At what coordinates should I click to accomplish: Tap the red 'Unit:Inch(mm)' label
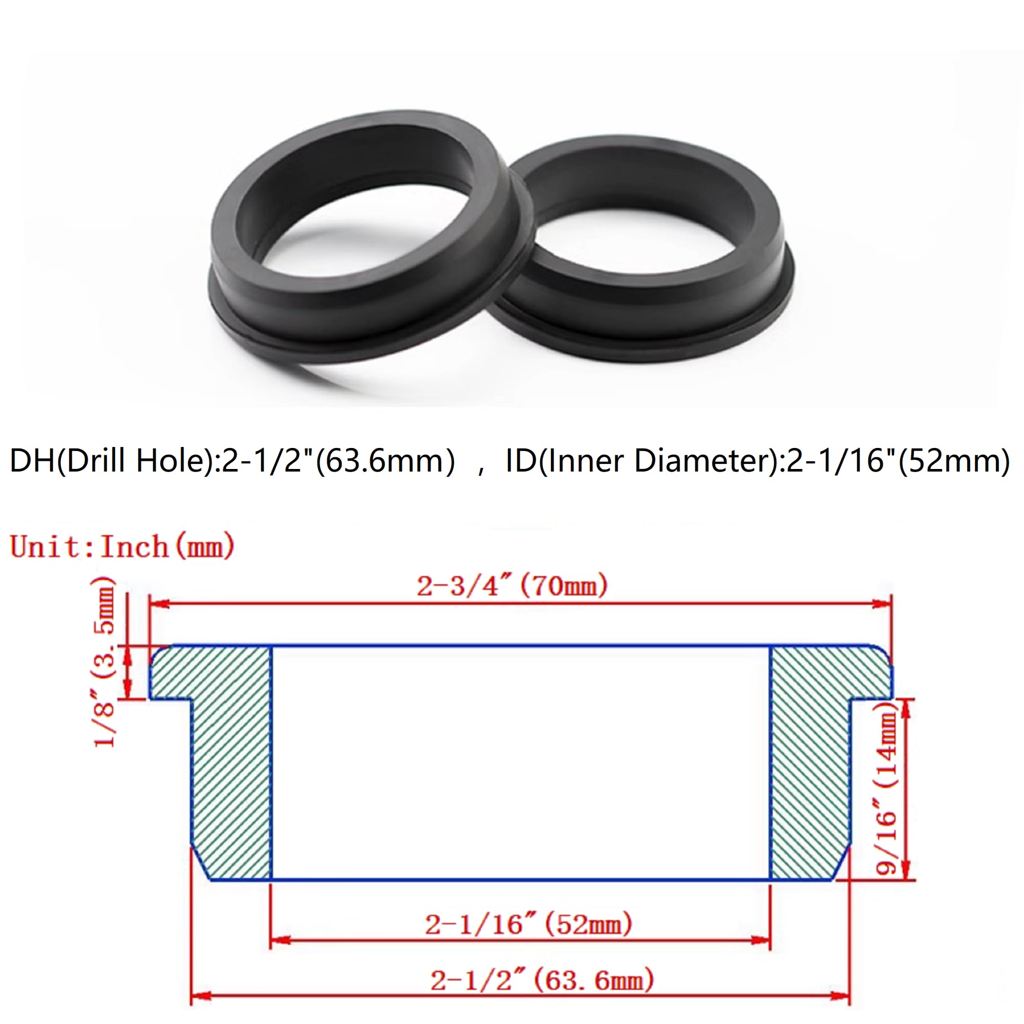point(122,546)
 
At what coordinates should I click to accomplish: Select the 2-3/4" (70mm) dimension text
point(511,586)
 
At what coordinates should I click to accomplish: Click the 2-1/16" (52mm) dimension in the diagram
point(528,925)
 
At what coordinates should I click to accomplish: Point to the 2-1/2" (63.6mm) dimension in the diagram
point(542,981)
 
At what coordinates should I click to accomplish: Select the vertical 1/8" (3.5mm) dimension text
point(104,663)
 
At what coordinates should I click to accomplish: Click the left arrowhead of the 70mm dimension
point(159,604)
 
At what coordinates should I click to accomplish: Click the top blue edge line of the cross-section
point(519,646)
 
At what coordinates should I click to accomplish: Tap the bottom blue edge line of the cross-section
point(519,880)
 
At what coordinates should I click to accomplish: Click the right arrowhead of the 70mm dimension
point(882,604)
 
